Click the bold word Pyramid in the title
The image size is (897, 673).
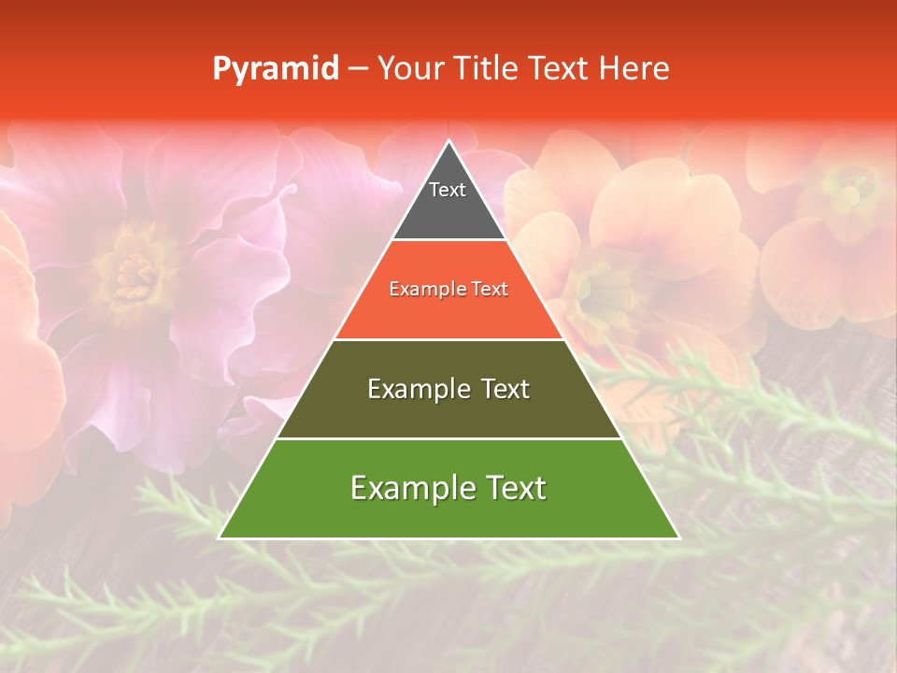(276, 68)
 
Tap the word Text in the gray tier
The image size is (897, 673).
(448, 190)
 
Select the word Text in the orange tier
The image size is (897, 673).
(490, 290)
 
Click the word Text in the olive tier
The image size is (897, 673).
(505, 389)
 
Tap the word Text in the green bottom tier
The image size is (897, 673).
(515, 488)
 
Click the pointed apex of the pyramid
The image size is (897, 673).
(448, 142)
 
